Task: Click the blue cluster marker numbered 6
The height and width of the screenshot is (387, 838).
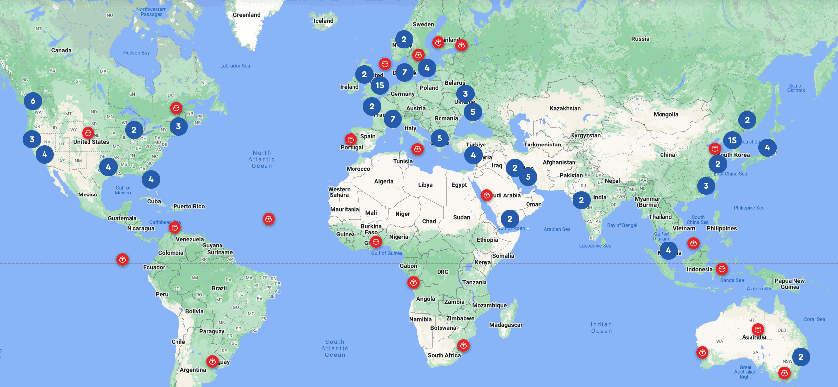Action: click(33, 101)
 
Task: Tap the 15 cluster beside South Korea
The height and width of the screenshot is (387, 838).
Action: click(732, 140)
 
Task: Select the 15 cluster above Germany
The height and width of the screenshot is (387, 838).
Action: click(380, 85)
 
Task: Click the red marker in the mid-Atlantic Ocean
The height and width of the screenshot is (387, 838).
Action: click(268, 219)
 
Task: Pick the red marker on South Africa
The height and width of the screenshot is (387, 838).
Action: click(463, 345)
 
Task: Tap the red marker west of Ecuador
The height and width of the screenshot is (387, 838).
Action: click(122, 259)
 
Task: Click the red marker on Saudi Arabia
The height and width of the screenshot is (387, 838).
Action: click(486, 195)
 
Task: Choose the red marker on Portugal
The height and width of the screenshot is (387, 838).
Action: click(351, 139)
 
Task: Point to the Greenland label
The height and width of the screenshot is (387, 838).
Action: click(246, 15)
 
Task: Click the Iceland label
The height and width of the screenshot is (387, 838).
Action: click(323, 21)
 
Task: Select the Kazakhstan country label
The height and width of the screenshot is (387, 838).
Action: click(565, 108)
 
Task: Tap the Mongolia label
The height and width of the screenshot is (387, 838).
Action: click(665, 114)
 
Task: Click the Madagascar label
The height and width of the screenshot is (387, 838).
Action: click(506, 325)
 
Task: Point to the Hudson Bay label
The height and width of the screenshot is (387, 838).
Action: click(136, 53)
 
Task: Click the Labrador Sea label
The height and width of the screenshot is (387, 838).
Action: click(235, 66)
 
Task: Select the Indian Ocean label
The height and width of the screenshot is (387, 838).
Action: click(601, 328)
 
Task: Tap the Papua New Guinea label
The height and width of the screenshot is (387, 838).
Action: click(789, 284)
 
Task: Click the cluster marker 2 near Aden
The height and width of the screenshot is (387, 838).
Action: click(510, 219)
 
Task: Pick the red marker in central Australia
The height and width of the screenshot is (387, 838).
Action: click(758, 329)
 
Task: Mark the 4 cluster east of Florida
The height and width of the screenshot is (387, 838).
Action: click(151, 179)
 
